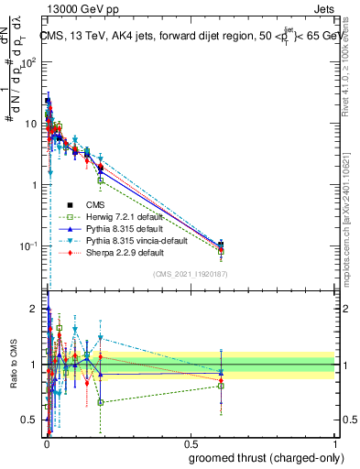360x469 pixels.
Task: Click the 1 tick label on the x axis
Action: click(x=334, y=442)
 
